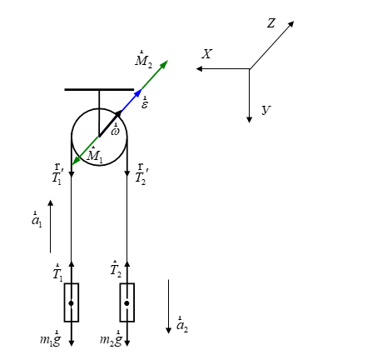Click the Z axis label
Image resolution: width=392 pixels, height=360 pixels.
pos(271,23)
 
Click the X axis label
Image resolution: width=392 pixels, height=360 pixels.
pos(206,54)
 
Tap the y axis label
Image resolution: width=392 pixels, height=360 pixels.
pos(265,110)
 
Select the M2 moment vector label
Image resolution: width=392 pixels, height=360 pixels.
pos(143,60)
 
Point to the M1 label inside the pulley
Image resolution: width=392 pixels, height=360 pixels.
pos(94,155)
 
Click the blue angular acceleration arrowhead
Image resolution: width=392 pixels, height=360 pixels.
pos(138,92)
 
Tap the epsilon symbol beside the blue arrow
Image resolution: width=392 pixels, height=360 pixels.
pos(145,103)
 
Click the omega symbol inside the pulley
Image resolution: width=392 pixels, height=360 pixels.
pos(115,130)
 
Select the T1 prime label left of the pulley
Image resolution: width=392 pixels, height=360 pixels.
pos(57,175)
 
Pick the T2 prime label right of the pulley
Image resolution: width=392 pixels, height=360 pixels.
pos(141,175)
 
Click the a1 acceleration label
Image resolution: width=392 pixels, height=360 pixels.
pos(37,220)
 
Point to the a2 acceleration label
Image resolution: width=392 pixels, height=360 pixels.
pos(182,324)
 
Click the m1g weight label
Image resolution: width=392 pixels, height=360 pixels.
pos(50,338)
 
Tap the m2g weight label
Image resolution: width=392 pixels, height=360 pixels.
pos(111,338)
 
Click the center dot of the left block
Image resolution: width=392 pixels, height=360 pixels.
pos(72,303)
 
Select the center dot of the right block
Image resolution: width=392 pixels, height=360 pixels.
pos(127,303)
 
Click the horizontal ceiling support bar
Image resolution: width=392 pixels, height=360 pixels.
pos(99,89)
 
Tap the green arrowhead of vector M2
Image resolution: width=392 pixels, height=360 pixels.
pos(164,64)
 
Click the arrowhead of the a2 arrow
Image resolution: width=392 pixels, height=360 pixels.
pos(168,330)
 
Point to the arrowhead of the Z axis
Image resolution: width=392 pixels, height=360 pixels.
pos(290,24)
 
